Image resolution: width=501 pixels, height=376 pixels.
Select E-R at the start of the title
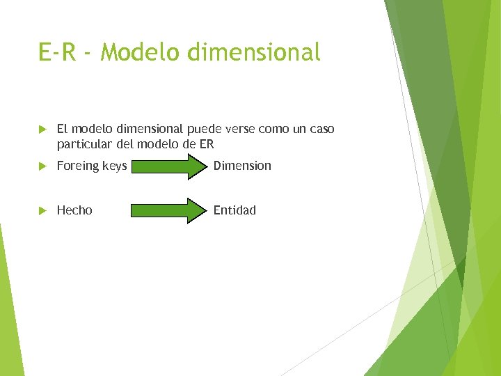[x=58, y=52]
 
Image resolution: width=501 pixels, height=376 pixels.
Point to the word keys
[x=114, y=166]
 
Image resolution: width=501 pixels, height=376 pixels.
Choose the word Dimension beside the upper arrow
[x=242, y=166]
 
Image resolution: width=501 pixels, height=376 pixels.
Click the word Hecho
[x=74, y=210]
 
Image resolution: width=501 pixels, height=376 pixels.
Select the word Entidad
[x=234, y=210]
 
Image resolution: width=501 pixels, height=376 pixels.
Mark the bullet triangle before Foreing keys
[x=42, y=166]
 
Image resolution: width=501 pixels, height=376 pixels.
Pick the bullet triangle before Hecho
[x=42, y=210]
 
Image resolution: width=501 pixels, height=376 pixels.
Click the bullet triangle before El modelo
[x=42, y=130]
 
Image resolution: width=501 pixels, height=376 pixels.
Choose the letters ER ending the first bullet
[x=206, y=145]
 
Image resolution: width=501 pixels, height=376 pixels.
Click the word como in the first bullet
[x=273, y=130]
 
